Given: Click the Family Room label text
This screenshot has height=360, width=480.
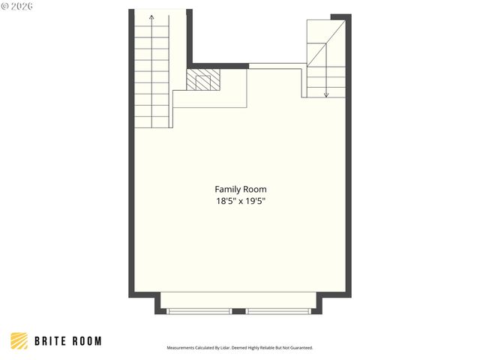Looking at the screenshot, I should coord(240,190).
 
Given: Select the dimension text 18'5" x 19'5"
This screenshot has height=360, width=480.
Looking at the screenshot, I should coord(240,201).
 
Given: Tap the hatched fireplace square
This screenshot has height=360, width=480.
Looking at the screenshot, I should coord(204,80).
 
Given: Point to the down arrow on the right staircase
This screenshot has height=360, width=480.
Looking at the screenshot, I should coord(326,94).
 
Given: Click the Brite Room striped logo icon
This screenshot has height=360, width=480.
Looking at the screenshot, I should coord(19,341).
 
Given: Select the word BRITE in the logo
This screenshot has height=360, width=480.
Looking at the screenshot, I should coord(51,341).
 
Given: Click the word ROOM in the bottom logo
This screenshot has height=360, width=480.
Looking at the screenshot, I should coord(85,341).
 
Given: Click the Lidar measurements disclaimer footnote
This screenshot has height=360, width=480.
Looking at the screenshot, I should coord(239,348).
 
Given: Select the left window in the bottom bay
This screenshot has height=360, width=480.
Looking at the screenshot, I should coord(199,310).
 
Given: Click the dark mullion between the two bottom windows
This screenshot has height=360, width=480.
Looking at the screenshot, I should coord(239,310).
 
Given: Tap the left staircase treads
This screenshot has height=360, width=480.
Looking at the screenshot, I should coord(152,75).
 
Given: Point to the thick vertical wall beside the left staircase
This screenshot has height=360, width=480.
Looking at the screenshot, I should coord(190,37).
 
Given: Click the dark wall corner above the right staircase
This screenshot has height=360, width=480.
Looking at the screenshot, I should coord(341,17).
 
